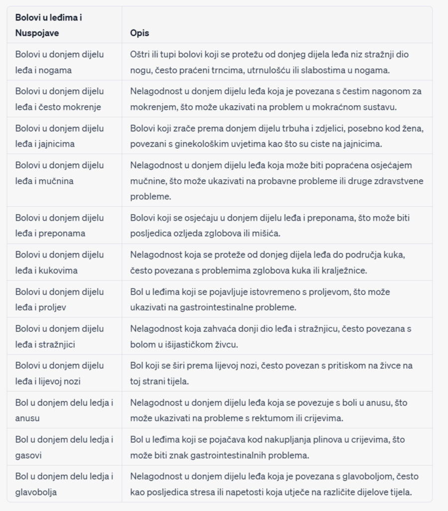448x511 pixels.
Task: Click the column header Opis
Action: click(x=140, y=33)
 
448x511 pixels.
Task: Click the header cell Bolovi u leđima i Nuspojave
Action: click(x=48, y=25)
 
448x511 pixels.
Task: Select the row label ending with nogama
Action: click(x=59, y=62)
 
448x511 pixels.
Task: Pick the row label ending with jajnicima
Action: click(x=59, y=136)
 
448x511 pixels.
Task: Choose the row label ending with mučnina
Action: click(x=59, y=173)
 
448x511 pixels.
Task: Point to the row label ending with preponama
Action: click(x=59, y=226)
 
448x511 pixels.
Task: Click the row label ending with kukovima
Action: click(x=59, y=262)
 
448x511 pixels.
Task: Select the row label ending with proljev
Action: click(x=59, y=299)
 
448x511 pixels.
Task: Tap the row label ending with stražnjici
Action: click(x=59, y=336)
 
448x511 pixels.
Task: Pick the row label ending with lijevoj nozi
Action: click(x=59, y=373)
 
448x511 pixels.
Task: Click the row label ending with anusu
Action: click(x=64, y=410)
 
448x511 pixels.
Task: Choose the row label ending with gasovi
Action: click(x=64, y=447)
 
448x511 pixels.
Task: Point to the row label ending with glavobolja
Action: click(x=64, y=484)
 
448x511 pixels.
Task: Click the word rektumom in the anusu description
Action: click(x=266, y=418)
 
